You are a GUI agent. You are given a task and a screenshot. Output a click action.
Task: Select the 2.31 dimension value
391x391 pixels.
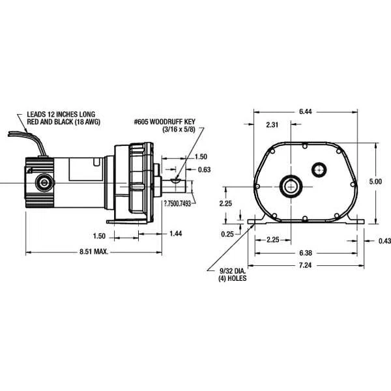tap(274, 124)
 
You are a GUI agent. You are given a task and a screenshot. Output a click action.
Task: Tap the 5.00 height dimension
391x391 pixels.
tap(375, 182)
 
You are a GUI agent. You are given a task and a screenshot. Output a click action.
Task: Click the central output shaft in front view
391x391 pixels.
tap(291, 185)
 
